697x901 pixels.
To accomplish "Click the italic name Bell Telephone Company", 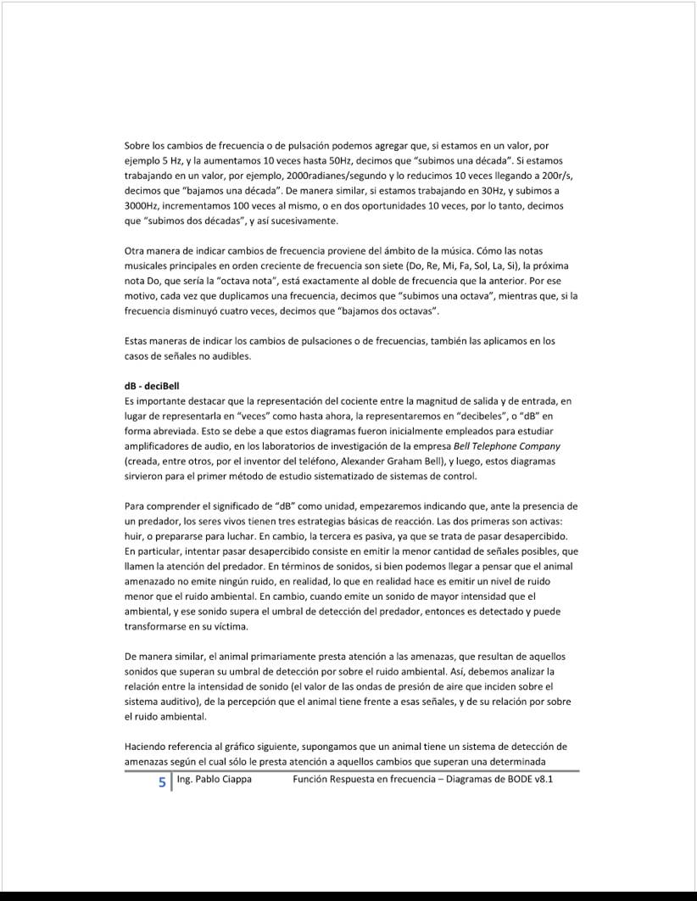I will (507, 445).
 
